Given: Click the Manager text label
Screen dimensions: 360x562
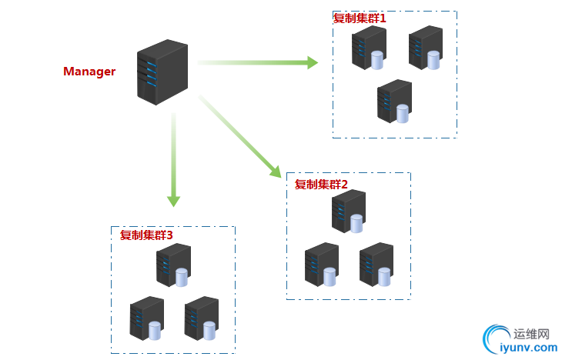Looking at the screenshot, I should tap(89, 72).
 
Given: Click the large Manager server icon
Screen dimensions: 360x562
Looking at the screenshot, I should tap(162, 72).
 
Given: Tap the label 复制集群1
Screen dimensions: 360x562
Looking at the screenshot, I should tap(360, 18).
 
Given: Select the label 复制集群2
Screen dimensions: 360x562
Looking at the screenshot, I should tap(322, 185).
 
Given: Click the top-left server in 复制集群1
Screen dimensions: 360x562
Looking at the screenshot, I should tap(369, 48).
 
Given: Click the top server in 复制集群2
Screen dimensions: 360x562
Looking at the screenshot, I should tap(348, 212).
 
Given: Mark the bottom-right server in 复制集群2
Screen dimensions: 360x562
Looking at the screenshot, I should tap(376, 265).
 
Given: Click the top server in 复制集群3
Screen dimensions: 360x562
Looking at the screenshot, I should tap(173, 265).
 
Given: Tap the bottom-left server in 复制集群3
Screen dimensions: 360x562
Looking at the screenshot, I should tap(146, 318).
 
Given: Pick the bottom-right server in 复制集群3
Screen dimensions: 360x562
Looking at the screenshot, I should tap(201, 318).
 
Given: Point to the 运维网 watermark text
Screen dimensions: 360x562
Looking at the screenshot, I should tap(531, 334).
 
